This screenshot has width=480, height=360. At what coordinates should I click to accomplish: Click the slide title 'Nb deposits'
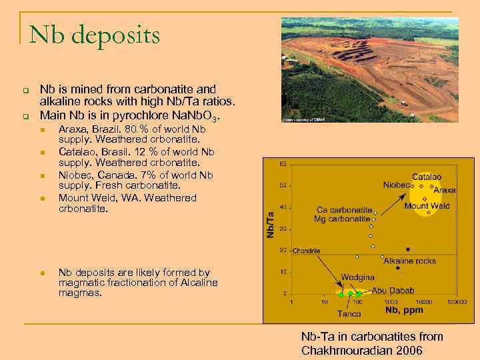[x=95, y=35]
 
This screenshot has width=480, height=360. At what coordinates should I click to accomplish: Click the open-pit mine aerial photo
[x=369, y=71]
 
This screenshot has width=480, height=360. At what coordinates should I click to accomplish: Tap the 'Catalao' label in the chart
[x=427, y=177]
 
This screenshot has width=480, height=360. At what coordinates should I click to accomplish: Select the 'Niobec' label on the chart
[x=397, y=185]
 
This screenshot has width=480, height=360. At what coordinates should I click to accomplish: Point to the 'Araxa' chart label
[x=445, y=190]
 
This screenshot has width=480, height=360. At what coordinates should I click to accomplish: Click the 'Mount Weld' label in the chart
[x=427, y=206]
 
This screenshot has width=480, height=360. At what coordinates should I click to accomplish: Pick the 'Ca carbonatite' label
[x=344, y=209]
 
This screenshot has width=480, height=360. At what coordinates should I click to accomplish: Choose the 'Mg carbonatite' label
[x=344, y=219]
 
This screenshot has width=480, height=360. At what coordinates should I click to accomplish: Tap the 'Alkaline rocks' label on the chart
[x=409, y=261]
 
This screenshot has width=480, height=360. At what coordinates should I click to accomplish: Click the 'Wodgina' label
[x=358, y=277]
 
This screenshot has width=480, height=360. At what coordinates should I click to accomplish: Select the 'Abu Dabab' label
[x=393, y=291]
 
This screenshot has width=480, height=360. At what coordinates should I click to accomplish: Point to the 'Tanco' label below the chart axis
[x=349, y=313]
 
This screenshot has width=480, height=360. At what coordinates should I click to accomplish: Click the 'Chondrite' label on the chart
[x=306, y=251]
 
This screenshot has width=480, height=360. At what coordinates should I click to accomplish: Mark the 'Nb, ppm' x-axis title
[x=404, y=311]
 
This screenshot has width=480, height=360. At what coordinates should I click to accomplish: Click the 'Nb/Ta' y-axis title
[x=271, y=225]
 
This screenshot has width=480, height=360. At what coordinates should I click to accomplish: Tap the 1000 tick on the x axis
[x=390, y=302]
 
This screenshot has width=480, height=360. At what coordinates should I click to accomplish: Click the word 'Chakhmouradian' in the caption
[x=347, y=351]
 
